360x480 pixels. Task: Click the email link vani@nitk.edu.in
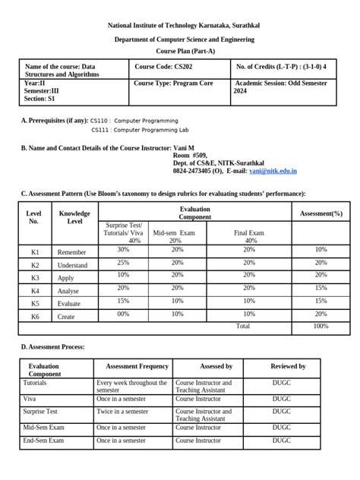(x=272, y=172)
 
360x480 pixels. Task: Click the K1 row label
(x=34, y=250)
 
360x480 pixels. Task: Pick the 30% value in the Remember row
(x=123, y=249)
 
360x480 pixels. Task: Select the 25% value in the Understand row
(x=123, y=264)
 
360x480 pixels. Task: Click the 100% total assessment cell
(x=321, y=326)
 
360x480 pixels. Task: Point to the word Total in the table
(x=242, y=326)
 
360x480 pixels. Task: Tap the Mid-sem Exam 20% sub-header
(x=176, y=236)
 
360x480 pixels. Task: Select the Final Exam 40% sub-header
(x=250, y=236)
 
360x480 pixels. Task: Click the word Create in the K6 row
(x=67, y=314)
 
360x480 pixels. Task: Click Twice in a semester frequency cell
(x=122, y=411)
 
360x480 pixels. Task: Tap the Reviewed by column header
(x=289, y=366)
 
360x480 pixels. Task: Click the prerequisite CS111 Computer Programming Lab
(x=137, y=131)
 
